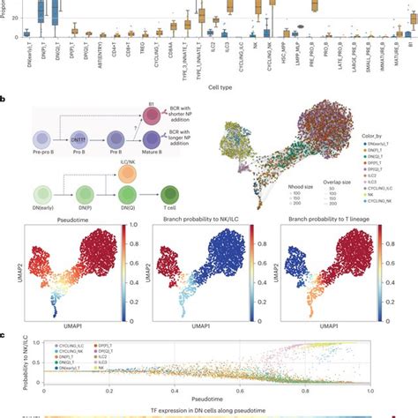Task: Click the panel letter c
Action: coord(4,333)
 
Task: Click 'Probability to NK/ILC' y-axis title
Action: coord(6,363)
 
